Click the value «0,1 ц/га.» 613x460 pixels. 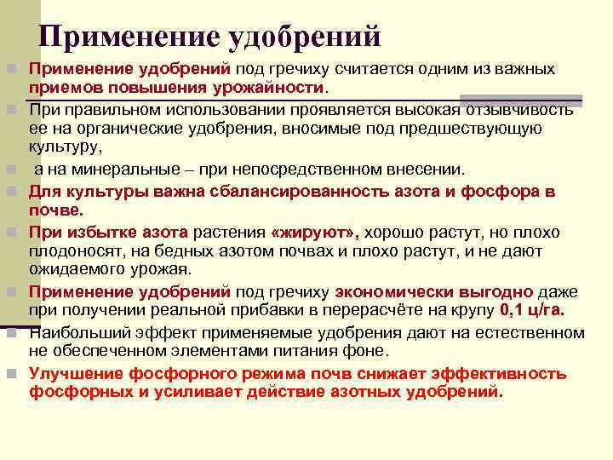pos(538,310)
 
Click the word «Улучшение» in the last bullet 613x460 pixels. pos(76,373)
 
